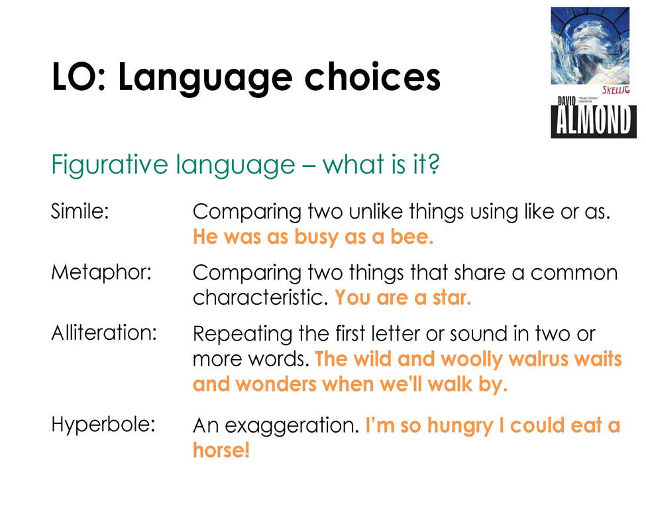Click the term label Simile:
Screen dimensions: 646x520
[x=80, y=211]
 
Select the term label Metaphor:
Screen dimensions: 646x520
[x=101, y=272]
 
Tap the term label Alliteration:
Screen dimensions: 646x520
[x=104, y=333]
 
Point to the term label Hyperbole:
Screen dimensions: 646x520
[x=103, y=425]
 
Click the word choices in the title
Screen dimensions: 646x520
[x=372, y=77]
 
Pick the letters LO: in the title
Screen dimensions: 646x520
[x=79, y=77]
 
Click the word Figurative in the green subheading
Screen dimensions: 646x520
[x=109, y=165]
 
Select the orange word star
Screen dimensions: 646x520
[x=452, y=297]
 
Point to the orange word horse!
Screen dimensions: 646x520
[x=221, y=450]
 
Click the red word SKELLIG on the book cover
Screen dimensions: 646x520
[x=616, y=90]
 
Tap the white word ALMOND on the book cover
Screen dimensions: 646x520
[x=593, y=120]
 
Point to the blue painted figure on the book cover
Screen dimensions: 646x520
[x=590, y=46]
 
